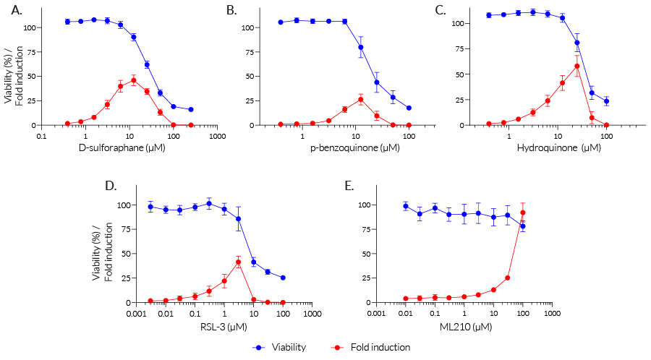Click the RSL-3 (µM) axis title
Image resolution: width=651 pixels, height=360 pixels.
(x=224, y=326)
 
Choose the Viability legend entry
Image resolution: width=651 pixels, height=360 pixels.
(x=282, y=347)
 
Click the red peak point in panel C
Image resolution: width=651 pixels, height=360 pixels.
(x=577, y=66)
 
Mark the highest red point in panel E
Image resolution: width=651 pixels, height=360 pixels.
(x=523, y=213)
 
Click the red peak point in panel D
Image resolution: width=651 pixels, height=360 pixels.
(x=238, y=262)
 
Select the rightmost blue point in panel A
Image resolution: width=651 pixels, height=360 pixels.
(x=191, y=109)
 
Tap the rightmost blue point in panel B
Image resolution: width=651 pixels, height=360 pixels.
(x=409, y=108)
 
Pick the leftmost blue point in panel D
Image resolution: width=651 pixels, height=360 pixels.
(x=150, y=207)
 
